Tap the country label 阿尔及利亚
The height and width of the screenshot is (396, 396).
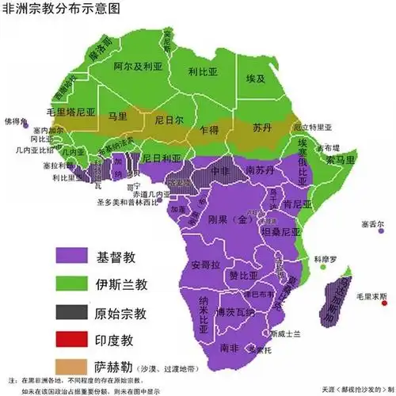141,68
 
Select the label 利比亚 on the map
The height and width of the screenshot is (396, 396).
202,71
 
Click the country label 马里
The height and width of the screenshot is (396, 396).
118,116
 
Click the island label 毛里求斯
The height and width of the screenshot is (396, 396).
372,295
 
